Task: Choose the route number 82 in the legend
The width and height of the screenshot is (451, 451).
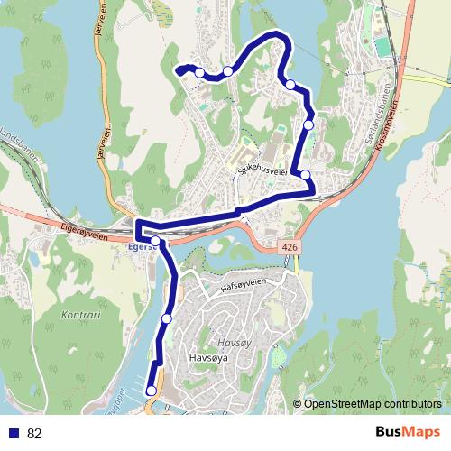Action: [x=34, y=434]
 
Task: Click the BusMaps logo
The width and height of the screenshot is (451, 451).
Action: [x=407, y=433]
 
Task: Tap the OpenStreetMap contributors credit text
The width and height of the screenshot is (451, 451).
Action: [x=373, y=404]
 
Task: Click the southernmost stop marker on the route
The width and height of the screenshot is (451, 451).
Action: [x=150, y=390]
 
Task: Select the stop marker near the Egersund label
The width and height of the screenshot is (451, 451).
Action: [x=155, y=240]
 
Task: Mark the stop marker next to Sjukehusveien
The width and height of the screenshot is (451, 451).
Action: [x=305, y=175]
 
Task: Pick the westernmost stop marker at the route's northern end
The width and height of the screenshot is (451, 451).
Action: [x=199, y=72]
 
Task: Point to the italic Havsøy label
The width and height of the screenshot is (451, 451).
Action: [x=234, y=343]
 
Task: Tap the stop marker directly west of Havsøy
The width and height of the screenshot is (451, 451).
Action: [x=167, y=318]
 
